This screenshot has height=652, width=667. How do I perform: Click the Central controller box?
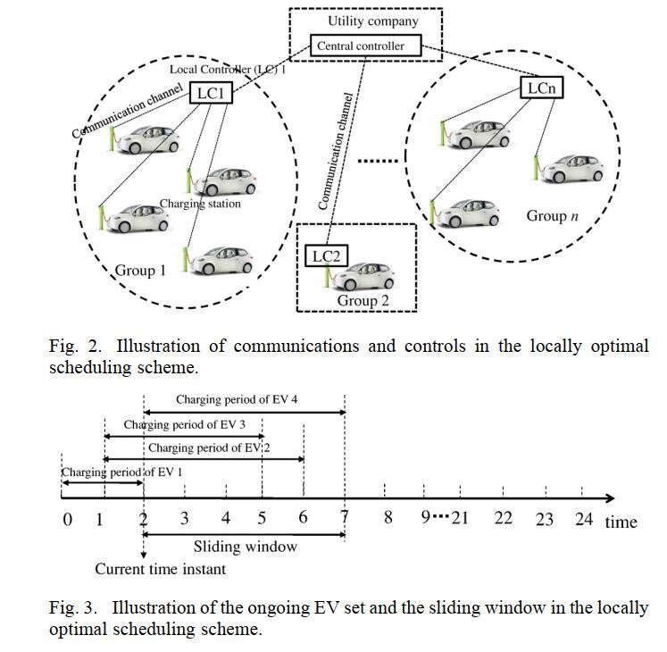(x=366, y=46)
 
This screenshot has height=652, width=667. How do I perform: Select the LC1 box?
(x=210, y=92)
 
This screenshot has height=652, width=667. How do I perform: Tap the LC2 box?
(x=326, y=256)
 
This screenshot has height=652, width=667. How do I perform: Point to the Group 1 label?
(x=140, y=270)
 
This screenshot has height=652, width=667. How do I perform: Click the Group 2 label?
(x=363, y=301)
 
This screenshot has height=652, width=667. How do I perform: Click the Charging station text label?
(x=201, y=204)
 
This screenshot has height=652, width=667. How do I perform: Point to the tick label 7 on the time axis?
(x=345, y=518)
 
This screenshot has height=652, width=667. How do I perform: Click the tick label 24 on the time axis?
(x=583, y=518)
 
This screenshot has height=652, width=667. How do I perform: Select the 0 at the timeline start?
(x=67, y=519)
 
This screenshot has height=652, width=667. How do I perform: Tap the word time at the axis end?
(x=621, y=522)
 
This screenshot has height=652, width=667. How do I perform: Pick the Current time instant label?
(x=161, y=569)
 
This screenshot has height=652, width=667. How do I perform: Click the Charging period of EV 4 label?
(x=237, y=400)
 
